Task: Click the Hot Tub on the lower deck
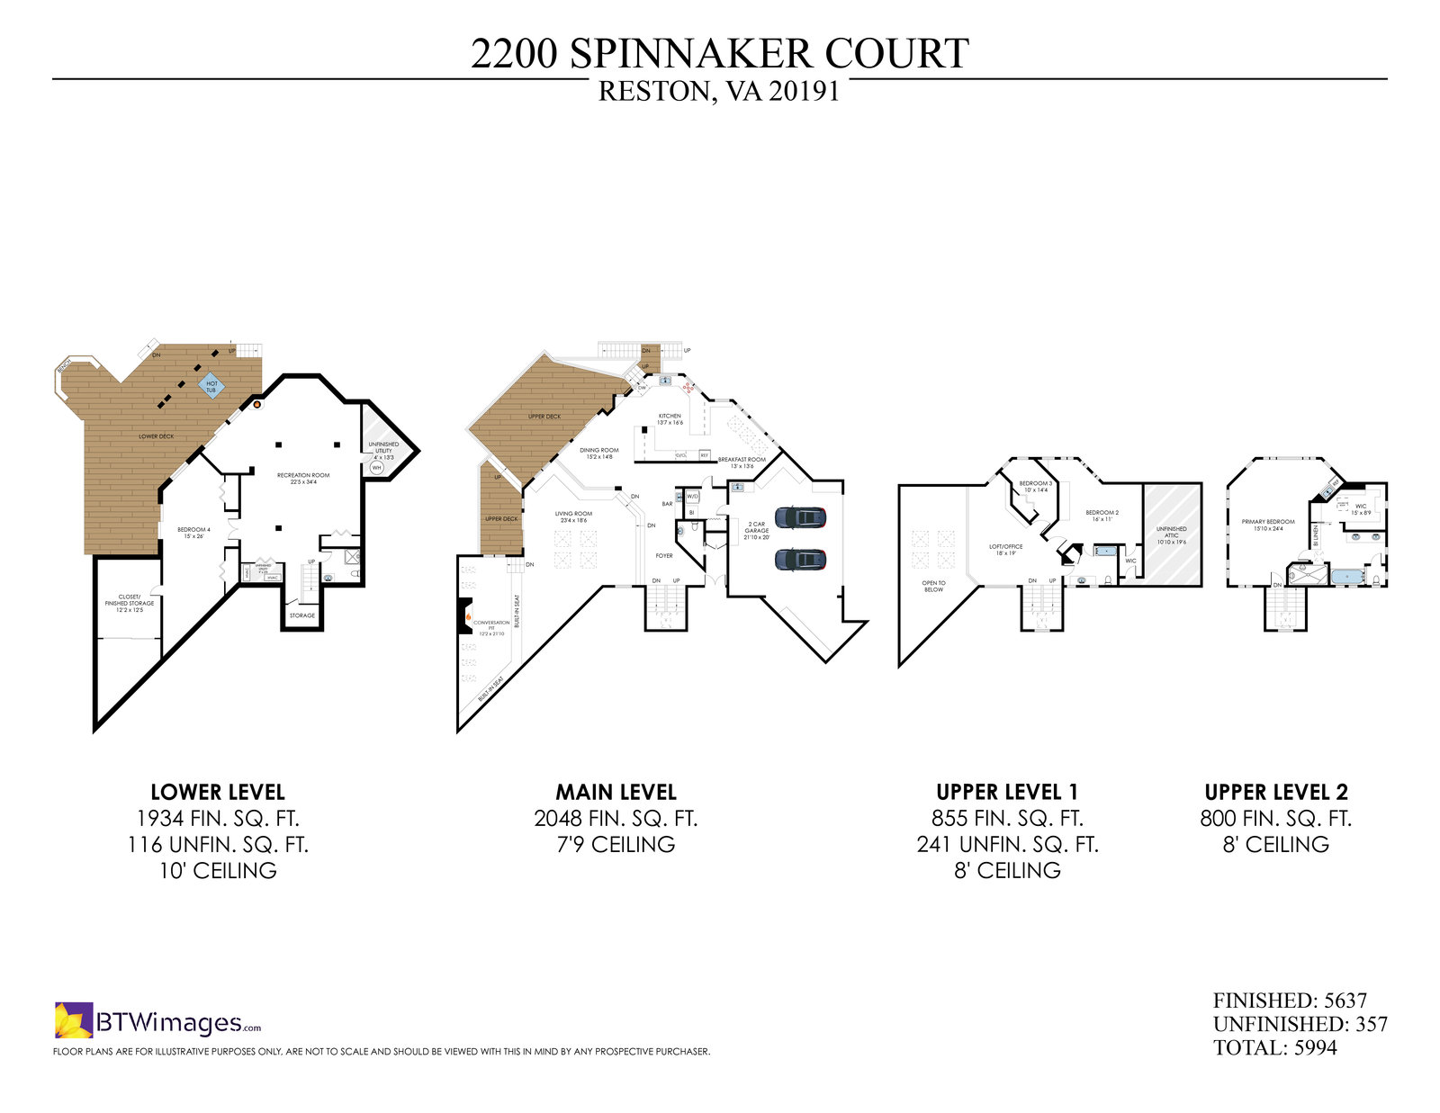[212, 386]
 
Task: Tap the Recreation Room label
[302, 478]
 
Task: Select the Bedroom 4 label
[193, 532]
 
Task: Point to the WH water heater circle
[376, 468]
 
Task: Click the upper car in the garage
[800, 517]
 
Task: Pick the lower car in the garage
[800, 559]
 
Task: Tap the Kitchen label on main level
[670, 418]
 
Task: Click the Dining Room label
[598, 453]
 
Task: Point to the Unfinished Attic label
[1172, 534]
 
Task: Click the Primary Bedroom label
[1268, 525]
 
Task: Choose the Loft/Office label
[1006, 549]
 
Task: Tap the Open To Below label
[933, 586]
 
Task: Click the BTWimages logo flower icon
[74, 1020]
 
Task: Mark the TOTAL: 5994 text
[1274, 1047]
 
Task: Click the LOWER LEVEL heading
[218, 792]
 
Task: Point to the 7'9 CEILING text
[616, 845]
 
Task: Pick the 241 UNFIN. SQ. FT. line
[1008, 845]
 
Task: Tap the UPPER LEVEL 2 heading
[1276, 792]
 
